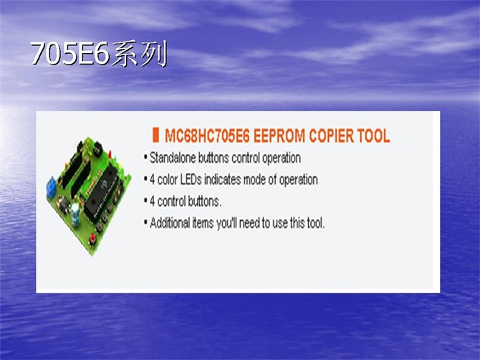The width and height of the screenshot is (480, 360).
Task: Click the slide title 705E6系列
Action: [x=99, y=54]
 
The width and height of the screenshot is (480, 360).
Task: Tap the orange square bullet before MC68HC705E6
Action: [x=155, y=135]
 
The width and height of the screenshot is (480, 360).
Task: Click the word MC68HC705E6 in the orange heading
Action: [x=207, y=136]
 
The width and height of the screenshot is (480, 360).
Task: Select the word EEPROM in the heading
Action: [x=279, y=136]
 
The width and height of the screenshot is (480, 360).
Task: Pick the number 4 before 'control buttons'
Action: [x=152, y=202]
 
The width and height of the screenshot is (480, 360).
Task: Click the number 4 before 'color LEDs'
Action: [x=152, y=180]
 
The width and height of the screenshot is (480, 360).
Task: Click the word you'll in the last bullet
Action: [x=227, y=223]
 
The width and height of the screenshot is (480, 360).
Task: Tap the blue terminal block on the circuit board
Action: [x=51, y=186]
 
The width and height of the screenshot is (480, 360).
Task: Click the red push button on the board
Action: [x=92, y=239]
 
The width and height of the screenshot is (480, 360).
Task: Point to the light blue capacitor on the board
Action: [x=75, y=213]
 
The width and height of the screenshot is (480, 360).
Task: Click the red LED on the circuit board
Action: [x=110, y=153]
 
